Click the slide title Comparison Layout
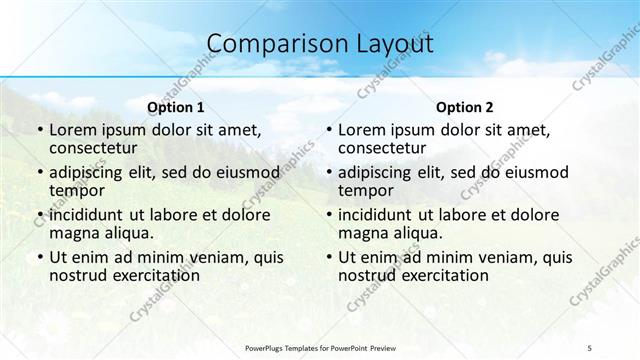pos(320,44)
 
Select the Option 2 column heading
pos(464,107)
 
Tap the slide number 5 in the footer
pos(590,346)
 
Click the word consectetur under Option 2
pos(385,149)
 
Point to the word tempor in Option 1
pos(76,191)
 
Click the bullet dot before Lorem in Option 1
pos(39,131)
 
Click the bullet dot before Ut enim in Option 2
pos(328,257)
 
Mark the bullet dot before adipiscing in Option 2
pos(328,173)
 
